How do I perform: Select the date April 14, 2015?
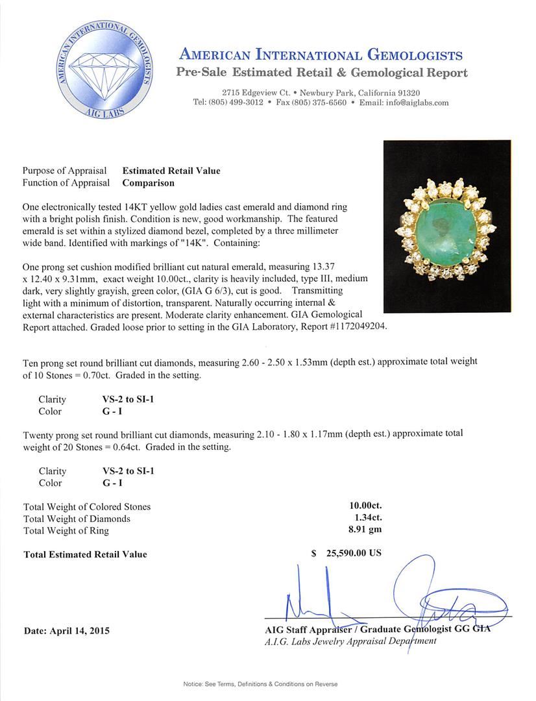coord(67,630)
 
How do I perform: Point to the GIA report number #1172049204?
coord(356,326)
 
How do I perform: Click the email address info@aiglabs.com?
coord(413,103)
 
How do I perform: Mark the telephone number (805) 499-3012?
coord(236,103)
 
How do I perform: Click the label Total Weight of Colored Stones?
coord(86,506)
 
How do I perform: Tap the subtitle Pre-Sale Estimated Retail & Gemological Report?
coord(321,72)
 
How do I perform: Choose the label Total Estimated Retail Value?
coord(85,554)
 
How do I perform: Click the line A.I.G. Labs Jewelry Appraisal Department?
coord(350,641)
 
